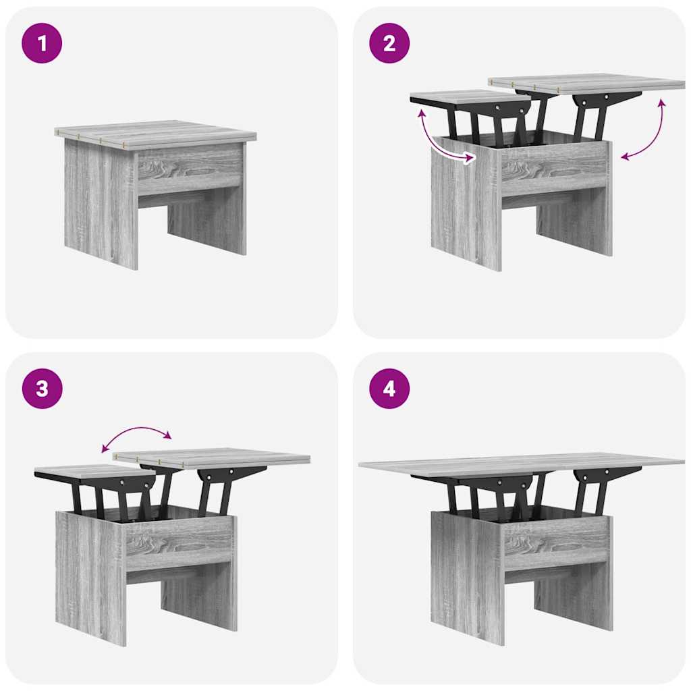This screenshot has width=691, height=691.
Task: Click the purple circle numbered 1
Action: pyautogui.click(x=42, y=43)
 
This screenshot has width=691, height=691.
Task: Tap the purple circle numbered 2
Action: pyautogui.click(x=389, y=43)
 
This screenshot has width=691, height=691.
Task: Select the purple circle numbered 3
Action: pyautogui.click(x=42, y=389)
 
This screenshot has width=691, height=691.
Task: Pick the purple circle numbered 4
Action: pyautogui.click(x=389, y=389)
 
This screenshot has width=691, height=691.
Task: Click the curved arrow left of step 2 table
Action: pyautogui.click(x=437, y=143)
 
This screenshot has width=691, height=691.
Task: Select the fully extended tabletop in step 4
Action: pyautogui.click(x=522, y=464)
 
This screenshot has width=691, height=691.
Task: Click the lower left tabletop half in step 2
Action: pyautogui.click(x=470, y=96)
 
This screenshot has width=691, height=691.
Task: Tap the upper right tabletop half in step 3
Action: pyautogui.click(x=211, y=458)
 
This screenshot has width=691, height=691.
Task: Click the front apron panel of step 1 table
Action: pyautogui.click(x=190, y=169)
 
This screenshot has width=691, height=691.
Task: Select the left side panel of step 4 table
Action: pyautogui.click(x=467, y=578)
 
